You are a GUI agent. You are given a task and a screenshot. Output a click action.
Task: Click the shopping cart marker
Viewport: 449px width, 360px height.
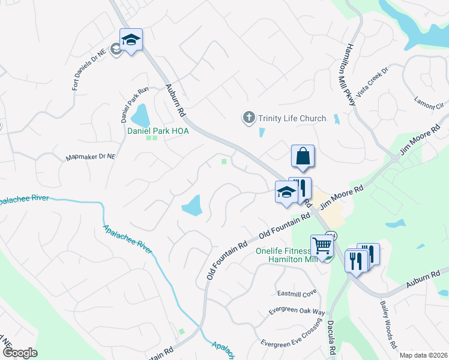pyautogui.click(x=322, y=246)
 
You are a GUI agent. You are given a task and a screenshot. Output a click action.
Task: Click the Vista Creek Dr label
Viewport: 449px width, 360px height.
pyautogui.click(x=373, y=87)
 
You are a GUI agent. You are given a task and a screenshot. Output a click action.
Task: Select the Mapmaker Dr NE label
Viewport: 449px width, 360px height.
pyautogui.click(x=89, y=157)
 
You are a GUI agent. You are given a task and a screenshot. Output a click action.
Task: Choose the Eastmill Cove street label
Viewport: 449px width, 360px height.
pyautogui.click(x=297, y=293)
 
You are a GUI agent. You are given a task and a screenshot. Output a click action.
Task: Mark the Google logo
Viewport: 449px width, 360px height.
pyautogui.click(x=20, y=353)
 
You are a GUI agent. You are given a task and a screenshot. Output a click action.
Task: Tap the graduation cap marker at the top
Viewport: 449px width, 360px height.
pyautogui.click(x=131, y=40)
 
